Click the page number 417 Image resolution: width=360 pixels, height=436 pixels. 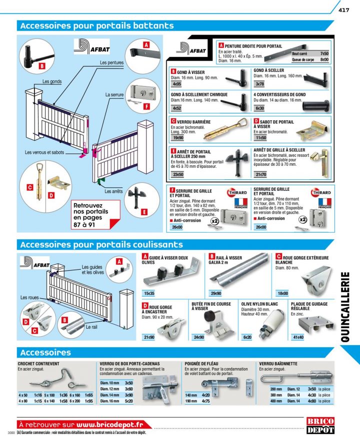click(x=343, y=10)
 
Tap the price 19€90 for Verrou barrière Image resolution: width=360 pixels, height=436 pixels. click(x=178, y=138)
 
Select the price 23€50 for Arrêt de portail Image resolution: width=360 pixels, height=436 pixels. click(x=178, y=175)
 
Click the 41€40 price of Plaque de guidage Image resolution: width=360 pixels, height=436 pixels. click(x=298, y=338)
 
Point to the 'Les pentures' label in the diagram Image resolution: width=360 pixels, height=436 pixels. click(x=111, y=63)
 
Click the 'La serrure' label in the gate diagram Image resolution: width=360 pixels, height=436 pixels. click(x=115, y=94)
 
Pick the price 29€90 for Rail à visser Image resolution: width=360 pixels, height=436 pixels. click(x=216, y=294)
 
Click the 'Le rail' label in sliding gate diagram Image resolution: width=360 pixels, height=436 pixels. click(x=91, y=327)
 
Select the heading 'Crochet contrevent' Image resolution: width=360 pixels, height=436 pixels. click(x=38, y=364)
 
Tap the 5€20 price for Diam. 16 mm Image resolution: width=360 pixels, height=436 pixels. click(x=128, y=401)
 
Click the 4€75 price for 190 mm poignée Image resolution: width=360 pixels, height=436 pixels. click(x=205, y=401)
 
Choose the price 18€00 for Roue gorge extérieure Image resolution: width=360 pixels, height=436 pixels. click(x=283, y=294)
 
